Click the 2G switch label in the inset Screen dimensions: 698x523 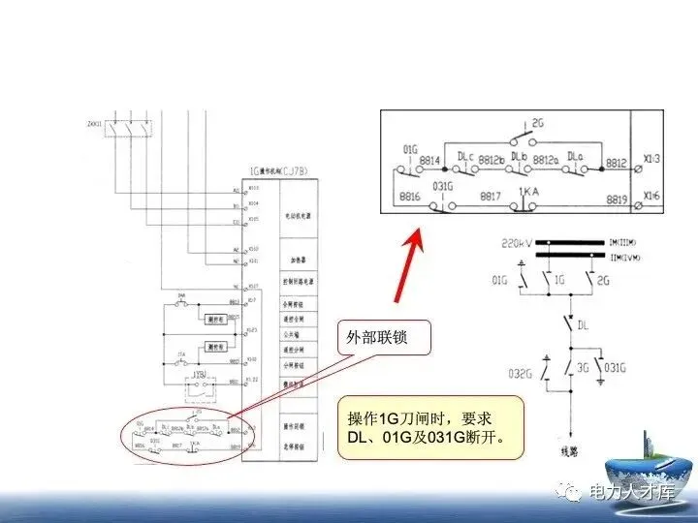point(541,124)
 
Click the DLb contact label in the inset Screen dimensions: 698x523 point(519,154)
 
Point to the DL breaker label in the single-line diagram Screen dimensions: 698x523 point(584,326)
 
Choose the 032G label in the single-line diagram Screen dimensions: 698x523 point(521,371)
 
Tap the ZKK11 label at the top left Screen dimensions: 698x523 point(95,124)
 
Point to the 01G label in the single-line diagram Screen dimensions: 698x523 point(500,280)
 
